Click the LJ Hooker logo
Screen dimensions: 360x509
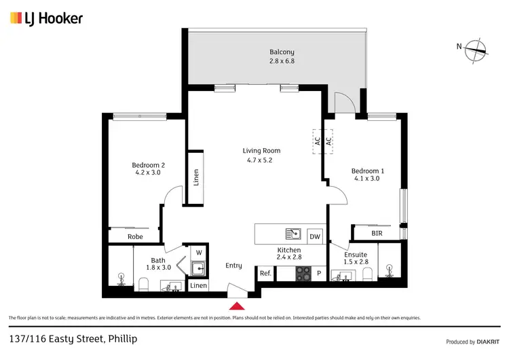coord(46,18)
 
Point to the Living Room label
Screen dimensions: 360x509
coord(261,155)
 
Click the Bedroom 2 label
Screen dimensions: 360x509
coord(148,168)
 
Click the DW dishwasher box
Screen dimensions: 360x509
coord(314,236)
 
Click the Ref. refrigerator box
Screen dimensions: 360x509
coord(265,273)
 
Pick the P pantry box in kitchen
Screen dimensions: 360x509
coord(319,273)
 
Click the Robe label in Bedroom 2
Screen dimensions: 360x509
coord(134,237)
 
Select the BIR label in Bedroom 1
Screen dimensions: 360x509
coord(377,234)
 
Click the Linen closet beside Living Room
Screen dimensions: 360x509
coord(196,177)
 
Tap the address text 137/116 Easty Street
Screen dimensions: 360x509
coord(66,338)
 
